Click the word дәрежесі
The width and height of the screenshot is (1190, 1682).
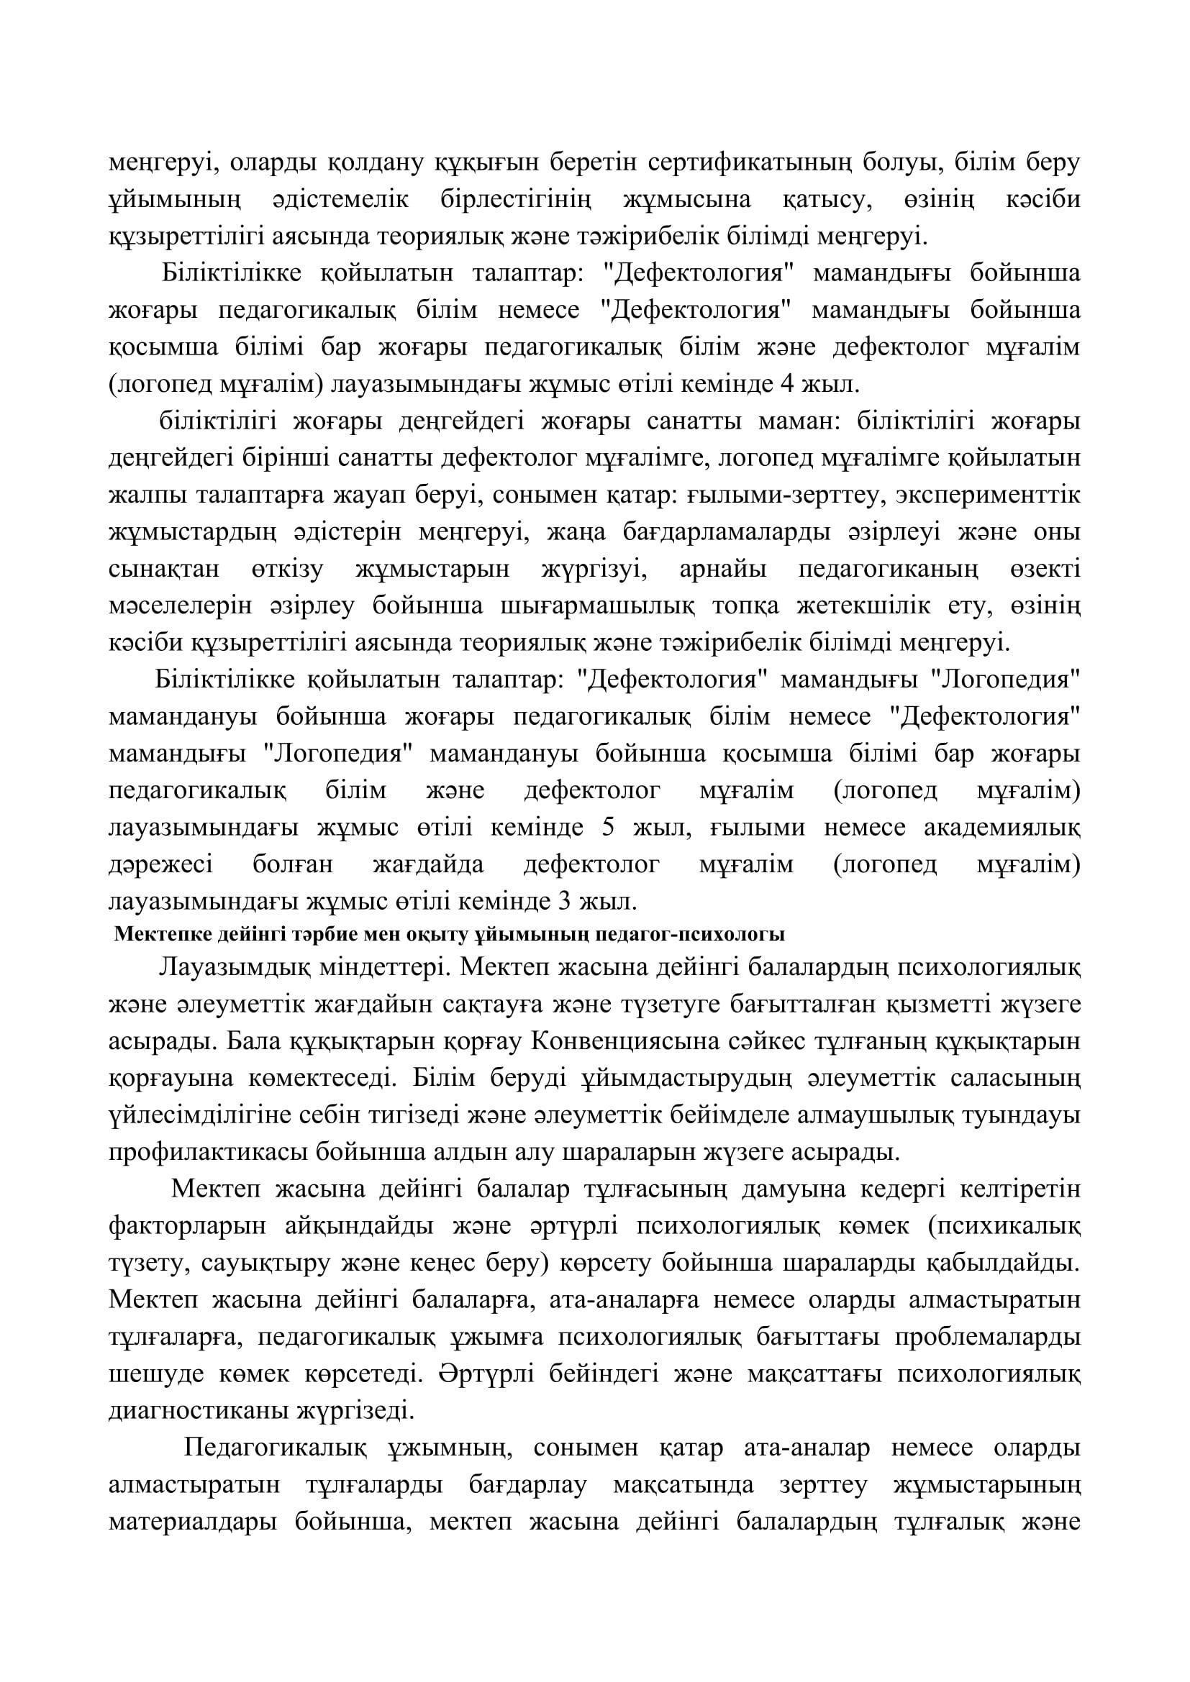click(x=160, y=864)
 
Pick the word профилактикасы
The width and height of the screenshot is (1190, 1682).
click(x=206, y=1152)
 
